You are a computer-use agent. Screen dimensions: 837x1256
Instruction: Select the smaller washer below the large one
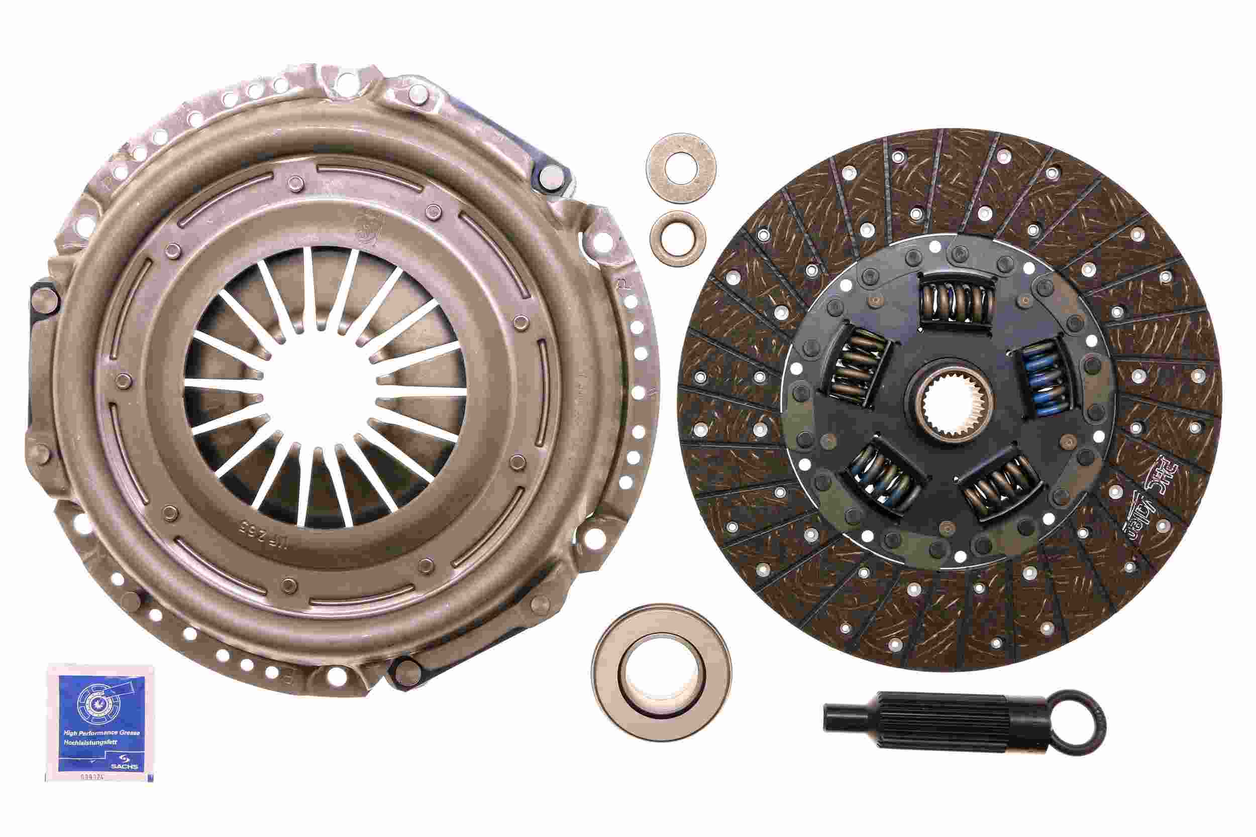(x=678, y=238)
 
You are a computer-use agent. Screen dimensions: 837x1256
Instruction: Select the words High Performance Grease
(x=101, y=733)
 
